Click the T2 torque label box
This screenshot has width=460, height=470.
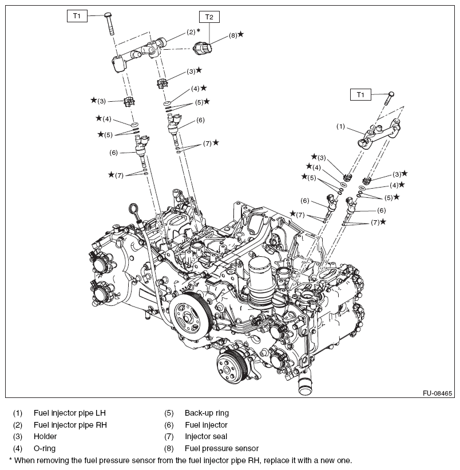(x=209, y=17)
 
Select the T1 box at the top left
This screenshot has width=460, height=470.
(x=77, y=16)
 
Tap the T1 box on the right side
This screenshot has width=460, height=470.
(x=360, y=94)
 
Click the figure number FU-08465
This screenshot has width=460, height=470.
(x=438, y=393)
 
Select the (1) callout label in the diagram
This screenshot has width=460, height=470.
(x=340, y=126)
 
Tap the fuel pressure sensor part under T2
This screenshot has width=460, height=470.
(x=204, y=48)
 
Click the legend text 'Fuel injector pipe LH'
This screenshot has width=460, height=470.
(x=69, y=412)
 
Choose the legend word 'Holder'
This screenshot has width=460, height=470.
(x=45, y=436)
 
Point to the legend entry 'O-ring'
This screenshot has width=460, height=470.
(x=45, y=448)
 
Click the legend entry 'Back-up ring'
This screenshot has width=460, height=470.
(x=207, y=412)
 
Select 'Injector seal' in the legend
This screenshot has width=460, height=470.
(x=207, y=436)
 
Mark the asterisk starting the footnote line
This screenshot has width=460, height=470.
(x=11, y=460)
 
